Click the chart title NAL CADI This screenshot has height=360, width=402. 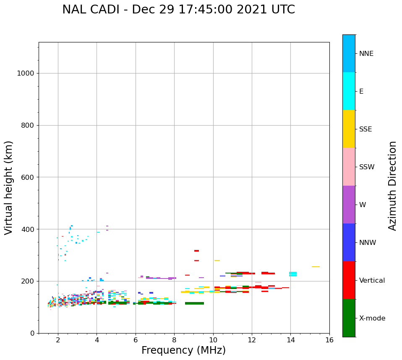point(178,10)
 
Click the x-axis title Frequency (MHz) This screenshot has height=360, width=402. point(183,350)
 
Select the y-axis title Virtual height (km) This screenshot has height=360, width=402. point(9,187)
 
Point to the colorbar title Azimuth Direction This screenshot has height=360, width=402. point(392,186)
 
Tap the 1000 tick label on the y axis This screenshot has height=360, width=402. point(25,74)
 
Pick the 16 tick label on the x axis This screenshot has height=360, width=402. point(329,340)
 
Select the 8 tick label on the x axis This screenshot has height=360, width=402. point(174,340)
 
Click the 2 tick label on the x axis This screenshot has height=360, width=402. point(58,340)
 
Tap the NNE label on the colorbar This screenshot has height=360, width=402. point(366,54)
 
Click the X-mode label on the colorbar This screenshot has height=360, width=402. point(372,318)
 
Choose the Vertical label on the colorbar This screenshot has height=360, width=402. point(372,281)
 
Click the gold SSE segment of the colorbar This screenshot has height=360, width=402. point(349,129)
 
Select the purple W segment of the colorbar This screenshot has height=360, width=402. point(349,205)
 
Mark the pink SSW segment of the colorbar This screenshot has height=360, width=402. point(349,167)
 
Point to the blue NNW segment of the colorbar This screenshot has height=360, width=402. point(349,242)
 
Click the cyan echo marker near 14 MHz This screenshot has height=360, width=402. point(293,274)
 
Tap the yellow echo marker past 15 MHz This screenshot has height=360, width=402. point(316,267)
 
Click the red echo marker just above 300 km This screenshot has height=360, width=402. point(196,251)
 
